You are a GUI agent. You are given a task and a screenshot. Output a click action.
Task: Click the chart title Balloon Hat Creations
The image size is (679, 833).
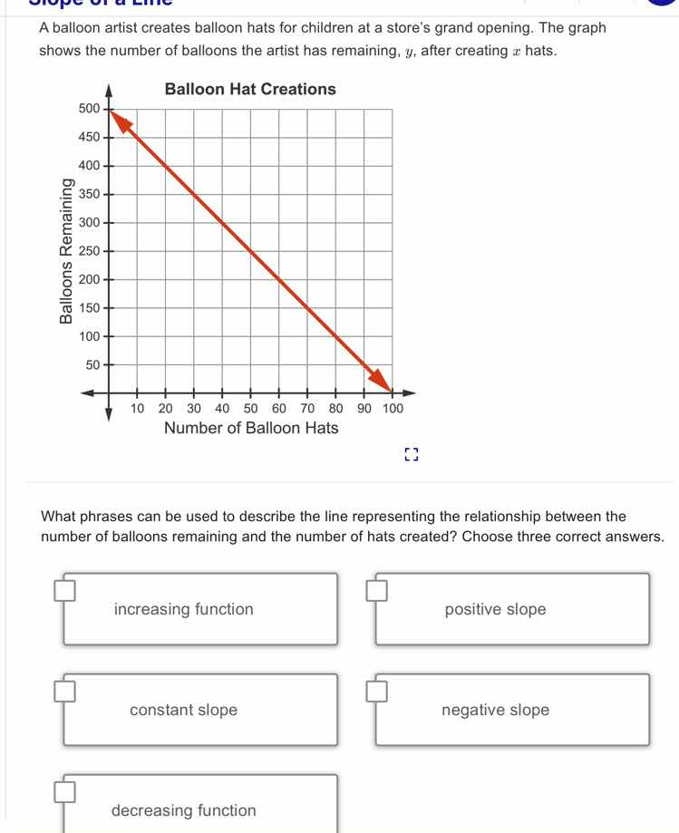click(250, 89)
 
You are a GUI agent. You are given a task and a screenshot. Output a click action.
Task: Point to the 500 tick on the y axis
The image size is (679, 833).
click(89, 109)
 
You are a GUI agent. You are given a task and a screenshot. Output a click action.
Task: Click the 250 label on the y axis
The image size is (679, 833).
click(89, 251)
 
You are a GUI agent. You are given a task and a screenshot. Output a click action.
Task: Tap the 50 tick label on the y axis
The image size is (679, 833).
click(92, 365)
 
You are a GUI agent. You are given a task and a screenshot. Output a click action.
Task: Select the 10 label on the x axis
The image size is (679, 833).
click(137, 410)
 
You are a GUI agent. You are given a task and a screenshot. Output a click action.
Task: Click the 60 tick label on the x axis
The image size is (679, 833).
click(279, 410)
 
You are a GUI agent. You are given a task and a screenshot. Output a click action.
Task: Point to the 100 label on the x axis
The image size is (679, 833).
click(392, 410)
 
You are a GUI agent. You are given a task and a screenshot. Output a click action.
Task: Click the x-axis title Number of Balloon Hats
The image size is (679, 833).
click(251, 428)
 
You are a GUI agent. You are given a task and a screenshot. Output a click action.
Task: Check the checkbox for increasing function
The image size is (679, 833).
click(63, 592)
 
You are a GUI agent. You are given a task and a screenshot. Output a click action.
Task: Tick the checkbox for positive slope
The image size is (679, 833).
click(377, 592)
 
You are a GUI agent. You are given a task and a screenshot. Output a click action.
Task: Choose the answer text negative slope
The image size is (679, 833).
click(495, 711)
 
